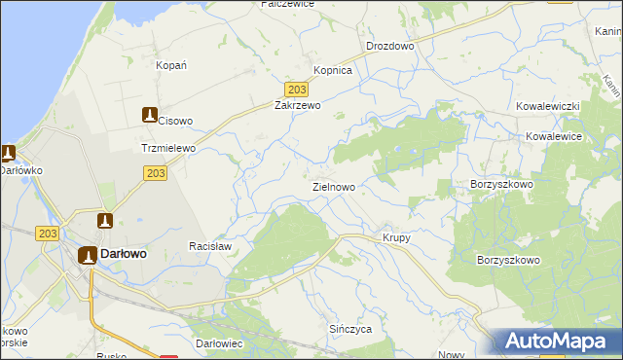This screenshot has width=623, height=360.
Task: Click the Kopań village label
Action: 171,65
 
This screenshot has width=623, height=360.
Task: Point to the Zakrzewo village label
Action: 297,105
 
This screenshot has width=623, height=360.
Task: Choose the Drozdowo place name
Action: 390,46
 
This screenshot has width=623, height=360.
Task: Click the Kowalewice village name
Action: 553,137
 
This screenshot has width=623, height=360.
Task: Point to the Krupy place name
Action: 396,238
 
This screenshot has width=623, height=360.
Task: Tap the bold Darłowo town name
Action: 123,254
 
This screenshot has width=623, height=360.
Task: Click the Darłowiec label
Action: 218,345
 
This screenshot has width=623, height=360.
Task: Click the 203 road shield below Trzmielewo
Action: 155,173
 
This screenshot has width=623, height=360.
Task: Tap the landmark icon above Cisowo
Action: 149,114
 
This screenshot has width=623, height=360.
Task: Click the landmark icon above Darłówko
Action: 8,154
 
